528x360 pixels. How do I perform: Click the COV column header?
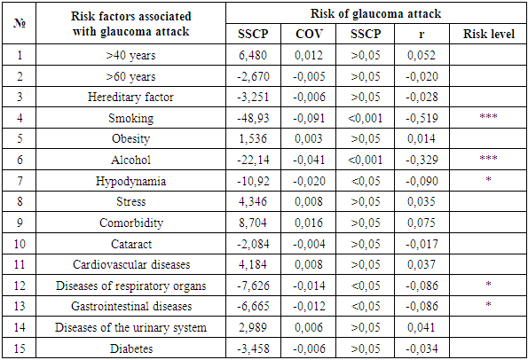tap(309, 34)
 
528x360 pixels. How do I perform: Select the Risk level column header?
tap(489, 34)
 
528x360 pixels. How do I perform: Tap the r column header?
tap(422, 35)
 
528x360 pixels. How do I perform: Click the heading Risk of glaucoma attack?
tap(375, 14)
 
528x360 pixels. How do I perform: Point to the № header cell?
tap(20, 23)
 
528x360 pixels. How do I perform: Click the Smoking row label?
tap(131, 118)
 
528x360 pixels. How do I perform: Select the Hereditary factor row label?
tap(130, 97)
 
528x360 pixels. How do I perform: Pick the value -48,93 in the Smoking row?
tap(253, 118)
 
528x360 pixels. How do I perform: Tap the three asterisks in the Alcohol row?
tap(489, 158)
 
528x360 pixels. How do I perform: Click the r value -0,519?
tap(422, 118)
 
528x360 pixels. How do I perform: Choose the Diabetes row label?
tap(131, 348)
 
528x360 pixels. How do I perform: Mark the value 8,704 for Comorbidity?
tap(253, 223)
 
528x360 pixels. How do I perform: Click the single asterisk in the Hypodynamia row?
tap(489, 179)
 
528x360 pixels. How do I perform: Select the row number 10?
tap(20, 244)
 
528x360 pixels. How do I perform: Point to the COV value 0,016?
tap(309, 223)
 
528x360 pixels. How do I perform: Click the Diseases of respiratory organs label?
tap(131, 286)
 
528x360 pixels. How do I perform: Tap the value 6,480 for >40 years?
tap(253, 55)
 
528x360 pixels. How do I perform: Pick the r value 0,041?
tap(422, 327)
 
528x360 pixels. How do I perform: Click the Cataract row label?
tap(131, 244)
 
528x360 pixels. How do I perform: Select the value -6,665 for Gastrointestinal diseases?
tap(253, 306)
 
